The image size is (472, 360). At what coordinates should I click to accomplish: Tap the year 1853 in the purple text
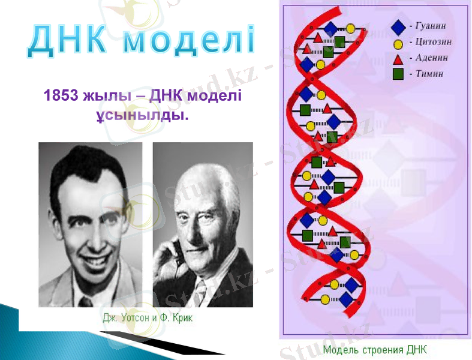pos(61,97)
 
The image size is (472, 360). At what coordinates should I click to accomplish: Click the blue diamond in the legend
pos(398,26)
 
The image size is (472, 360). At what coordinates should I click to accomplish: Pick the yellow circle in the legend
pos(398,43)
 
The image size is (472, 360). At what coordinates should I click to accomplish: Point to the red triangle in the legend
pos(398,59)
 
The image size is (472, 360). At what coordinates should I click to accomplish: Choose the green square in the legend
pos(398,74)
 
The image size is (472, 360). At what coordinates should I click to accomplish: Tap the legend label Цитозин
pos(433,43)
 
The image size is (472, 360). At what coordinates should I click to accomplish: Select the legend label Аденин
pos(431,58)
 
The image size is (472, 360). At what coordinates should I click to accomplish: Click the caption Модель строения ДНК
pos(375,350)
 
